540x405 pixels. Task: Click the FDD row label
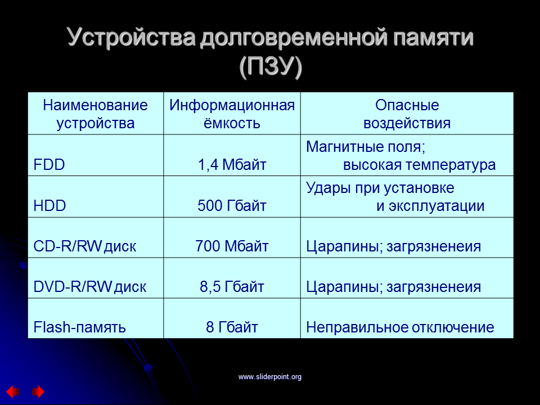click(x=49, y=165)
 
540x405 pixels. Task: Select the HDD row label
click(x=49, y=206)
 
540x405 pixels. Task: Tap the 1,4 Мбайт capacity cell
click(x=232, y=165)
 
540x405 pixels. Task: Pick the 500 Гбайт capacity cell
click(x=232, y=206)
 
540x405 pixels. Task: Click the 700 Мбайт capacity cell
click(x=232, y=246)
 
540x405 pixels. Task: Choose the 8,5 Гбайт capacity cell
click(x=232, y=286)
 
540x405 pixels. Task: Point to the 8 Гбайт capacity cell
click(x=232, y=327)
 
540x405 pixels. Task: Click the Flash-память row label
click(x=79, y=327)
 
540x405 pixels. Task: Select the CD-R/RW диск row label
click(x=85, y=246)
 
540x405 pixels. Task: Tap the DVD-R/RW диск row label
click(x=90, y=286)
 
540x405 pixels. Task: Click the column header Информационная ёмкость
click(x=232, y=114)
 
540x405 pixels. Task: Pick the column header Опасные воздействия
click(x=407, y=114)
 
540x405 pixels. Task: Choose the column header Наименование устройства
click(x=96, y=114)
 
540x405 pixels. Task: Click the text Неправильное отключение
click(x=400, y=327)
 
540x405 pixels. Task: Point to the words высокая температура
click(x=420, y=165)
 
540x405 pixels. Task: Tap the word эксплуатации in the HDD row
click(x=436, y=206)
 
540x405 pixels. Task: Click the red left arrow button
click(x=13, y=391)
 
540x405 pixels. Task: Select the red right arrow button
click(x=38, y=391)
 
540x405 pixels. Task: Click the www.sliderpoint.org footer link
click(x=270, y=377)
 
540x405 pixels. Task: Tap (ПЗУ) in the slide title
click(x=271, y=66)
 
